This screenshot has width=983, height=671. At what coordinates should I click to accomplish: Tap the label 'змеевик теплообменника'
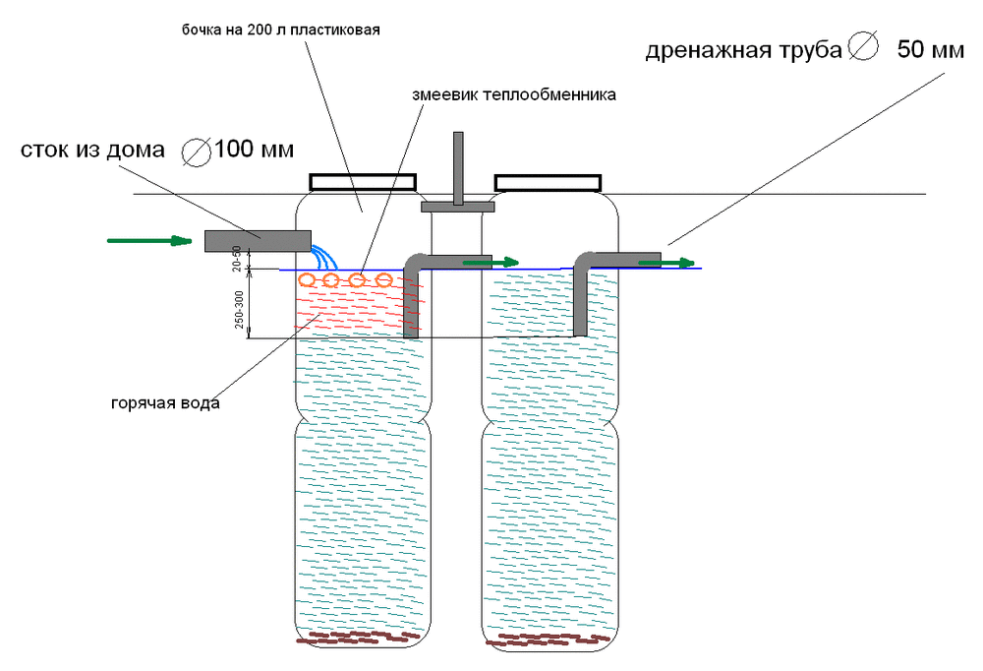tap(514, 95)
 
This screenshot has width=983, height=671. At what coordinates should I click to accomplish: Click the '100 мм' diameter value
tap(254, 151)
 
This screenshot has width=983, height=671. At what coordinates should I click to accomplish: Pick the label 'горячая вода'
tap(165, 403)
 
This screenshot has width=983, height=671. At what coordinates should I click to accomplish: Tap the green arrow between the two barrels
tap(491, 262)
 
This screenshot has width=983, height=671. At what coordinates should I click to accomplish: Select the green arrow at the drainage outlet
tap(666, 262)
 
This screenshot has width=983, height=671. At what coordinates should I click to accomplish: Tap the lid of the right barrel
tap(548, 182)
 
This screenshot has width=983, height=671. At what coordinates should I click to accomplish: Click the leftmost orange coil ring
tap(308, 280)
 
